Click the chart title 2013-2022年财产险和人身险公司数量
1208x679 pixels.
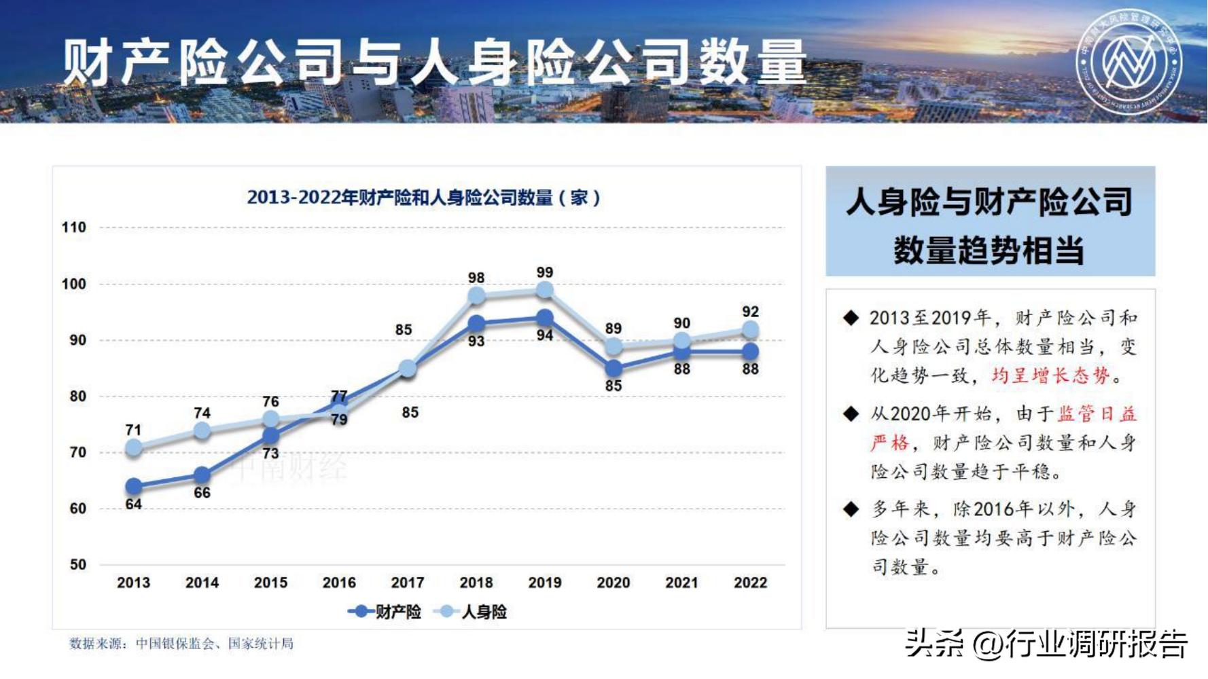point(423,198)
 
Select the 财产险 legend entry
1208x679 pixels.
point(386,612)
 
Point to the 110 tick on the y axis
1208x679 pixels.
point(74,227)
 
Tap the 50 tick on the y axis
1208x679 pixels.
point(78,564)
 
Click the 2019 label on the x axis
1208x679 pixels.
point(544,583)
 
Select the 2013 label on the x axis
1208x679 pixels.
point(133,583)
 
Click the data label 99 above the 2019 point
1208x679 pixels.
point(544,272)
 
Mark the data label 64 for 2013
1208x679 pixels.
point(133,504)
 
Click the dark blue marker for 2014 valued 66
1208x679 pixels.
point(202,475)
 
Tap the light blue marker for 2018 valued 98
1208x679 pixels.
point(476,295)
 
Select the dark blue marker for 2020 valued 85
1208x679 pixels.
point(613,369)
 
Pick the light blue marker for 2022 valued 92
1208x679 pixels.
point(750,330)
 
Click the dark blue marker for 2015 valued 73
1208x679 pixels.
point(270,435)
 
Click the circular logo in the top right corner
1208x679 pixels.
point(1129,62)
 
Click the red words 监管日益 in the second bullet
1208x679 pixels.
point(1097,414)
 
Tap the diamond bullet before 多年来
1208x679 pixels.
point(851,509)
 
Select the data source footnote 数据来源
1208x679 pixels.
point(181,643)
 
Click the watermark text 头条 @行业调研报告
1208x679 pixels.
point(1046,643)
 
